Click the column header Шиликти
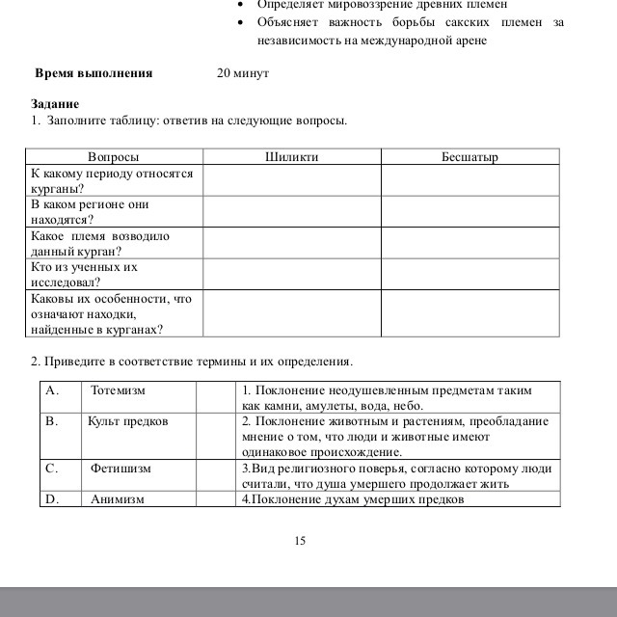pyautogui.click(x=291, y=156)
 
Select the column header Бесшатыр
pyautogui.click(x=469, y=156)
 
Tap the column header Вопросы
pyautogui.click(x=113, y=156)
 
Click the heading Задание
pyautogui.click(x=55, y=104)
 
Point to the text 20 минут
pyautogui.click(x=243, y=73)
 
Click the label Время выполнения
pyautogui.click(x=94, y=73)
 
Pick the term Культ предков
pyautogui.click(x=127, y=421)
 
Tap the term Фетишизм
pyautogui.click(x=121, y=469)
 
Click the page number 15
pyautogui.click(x=300, y=541)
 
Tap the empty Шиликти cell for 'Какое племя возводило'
pyautogui.click(x=291, y=243)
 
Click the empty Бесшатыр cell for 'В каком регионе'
pyautogui.click(x=469, y=212)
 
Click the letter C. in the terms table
pyautogui.click(x=53, y=469)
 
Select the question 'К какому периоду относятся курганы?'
pyautogui.click(x=112, y=181)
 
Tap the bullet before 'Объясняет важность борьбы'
pyautogui.click(x=241, y=21)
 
